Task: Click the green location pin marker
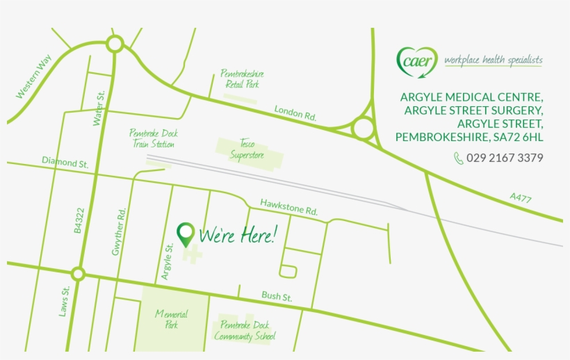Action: [186, 234]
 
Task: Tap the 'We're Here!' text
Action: [237, 236]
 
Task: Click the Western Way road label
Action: [34, 77]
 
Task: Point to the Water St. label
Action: [99, 108]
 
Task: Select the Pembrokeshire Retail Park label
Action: [242, 79]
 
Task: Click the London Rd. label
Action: [295, 114]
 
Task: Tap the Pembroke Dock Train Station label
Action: [153, 138]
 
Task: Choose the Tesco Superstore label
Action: [247, 149]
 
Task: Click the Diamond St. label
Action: [65, 162]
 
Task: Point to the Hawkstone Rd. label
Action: [288, 206]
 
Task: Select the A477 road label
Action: [520, 198]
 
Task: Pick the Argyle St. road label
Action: [167, 261]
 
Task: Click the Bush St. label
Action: [277, 297]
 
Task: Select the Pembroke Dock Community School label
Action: [245, 331]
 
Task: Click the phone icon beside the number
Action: [458, 158]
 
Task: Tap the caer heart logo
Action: [417, 60]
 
